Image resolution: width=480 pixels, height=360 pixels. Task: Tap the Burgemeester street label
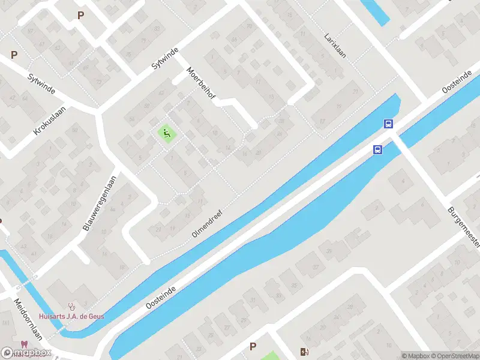pyautogui.click(x=463, y=227)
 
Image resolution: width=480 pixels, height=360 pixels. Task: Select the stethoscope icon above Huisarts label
pyautogui.click(x=72, y=305)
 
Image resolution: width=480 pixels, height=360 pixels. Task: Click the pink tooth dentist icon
pyautogui.click(x=25, y=344)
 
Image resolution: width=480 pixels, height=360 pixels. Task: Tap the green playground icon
pyautogui.click(x=166, y=133)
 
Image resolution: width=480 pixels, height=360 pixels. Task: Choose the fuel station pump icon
pyautogui.click(x=305, y=352)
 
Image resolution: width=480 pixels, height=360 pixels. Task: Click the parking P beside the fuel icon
pyautogui.click(x=253, y=346)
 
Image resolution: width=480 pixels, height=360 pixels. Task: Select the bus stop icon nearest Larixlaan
pyautogui.click(x=389, y=124)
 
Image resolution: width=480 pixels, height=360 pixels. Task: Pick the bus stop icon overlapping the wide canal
pyautogui.click(x=378, y=150)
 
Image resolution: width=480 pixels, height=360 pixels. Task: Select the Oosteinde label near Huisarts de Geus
pyautogui.click(x=161, y=297)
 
